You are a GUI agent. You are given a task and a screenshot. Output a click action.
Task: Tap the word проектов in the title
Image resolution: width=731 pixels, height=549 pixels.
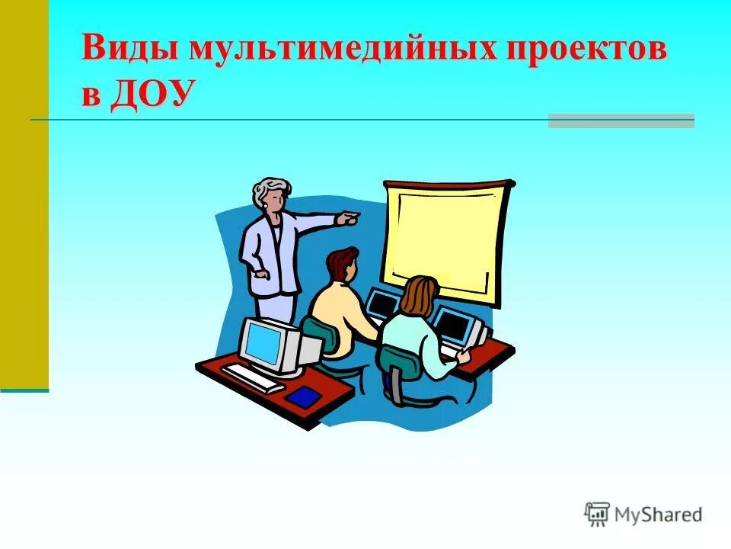583,50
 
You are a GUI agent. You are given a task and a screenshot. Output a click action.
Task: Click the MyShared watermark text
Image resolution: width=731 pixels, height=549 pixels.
659,515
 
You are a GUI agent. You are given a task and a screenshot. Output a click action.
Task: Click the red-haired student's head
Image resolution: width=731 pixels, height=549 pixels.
342,264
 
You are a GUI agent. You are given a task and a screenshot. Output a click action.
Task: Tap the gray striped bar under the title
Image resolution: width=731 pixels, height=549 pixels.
621,120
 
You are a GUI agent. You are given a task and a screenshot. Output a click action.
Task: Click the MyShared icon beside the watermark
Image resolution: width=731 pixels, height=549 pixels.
597,515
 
